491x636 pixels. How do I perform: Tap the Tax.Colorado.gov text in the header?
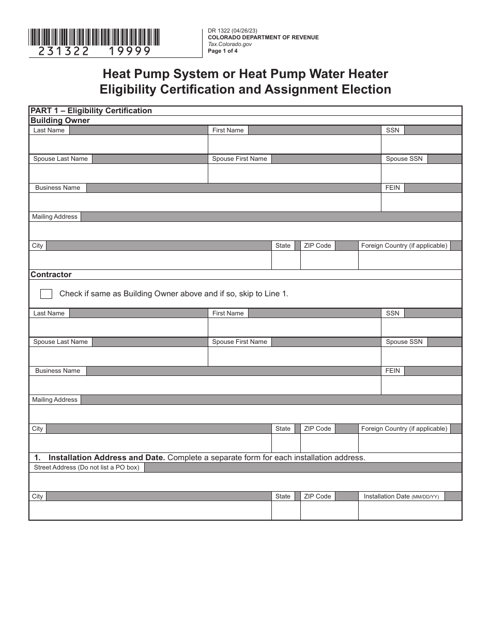tap(230, 44)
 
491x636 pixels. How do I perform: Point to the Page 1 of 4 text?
tap(223, 51)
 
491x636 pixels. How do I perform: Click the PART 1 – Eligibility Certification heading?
tap(91, 111)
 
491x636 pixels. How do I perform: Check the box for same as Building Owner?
tap(46, 294)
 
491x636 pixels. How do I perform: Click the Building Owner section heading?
tap(60, 120)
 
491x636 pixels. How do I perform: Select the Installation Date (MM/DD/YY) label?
tap(401, 496)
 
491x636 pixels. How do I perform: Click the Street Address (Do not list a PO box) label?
tap(86, 467)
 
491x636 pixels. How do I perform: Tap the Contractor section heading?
tap(51, 275)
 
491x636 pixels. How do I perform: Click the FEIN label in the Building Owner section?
tap(393, 188)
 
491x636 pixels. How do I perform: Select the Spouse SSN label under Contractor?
tap(404, 342)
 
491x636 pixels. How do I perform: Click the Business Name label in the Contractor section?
tap(58, 371)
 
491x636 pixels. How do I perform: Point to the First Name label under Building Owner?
tap(228, 130)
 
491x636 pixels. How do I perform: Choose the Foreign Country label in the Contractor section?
tap(404, 429)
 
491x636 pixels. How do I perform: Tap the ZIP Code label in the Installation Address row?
tap(317, 496)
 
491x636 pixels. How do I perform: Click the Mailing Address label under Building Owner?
tap(55, 217)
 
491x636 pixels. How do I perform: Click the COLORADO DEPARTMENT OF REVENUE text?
tap(263, 37)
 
